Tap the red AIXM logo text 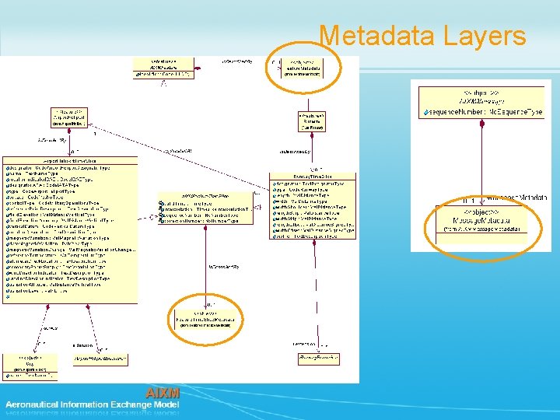163,393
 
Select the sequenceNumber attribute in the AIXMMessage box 482,113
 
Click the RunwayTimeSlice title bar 312,177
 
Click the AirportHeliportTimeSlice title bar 72,159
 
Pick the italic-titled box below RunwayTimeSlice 319,358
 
